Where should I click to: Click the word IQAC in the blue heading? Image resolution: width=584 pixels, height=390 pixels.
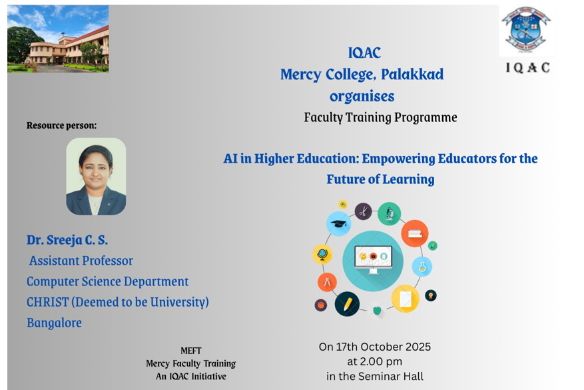coord(364,53)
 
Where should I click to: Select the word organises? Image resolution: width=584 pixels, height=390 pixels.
coord(362,96)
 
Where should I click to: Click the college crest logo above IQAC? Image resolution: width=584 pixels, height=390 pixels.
coord(525,31)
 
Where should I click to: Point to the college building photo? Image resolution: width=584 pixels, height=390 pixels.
coord(58,39)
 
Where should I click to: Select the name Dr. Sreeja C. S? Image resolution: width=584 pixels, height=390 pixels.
coord(67,240)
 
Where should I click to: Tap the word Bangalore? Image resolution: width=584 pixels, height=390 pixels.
coord(54,323)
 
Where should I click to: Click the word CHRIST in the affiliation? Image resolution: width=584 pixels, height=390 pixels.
coord(47,302)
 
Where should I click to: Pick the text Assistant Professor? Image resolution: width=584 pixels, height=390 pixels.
coord(81,261)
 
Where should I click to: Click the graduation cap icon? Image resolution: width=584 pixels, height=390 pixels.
coord(339,224)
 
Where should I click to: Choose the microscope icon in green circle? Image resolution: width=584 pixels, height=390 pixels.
coord(389,214)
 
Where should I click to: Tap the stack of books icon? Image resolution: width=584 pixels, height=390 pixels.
coord(414,233)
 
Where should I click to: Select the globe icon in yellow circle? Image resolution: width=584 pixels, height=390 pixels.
coord(322,254)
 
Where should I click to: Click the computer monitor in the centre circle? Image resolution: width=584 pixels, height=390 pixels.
coord(373,260)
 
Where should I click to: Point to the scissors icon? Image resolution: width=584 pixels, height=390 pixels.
coord(363,211)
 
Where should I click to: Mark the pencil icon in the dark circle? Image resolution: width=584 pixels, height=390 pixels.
coord(347,303)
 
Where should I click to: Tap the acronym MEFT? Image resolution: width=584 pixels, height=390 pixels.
coord(190,351)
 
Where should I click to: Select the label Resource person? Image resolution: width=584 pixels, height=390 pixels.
coord(61,125)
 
